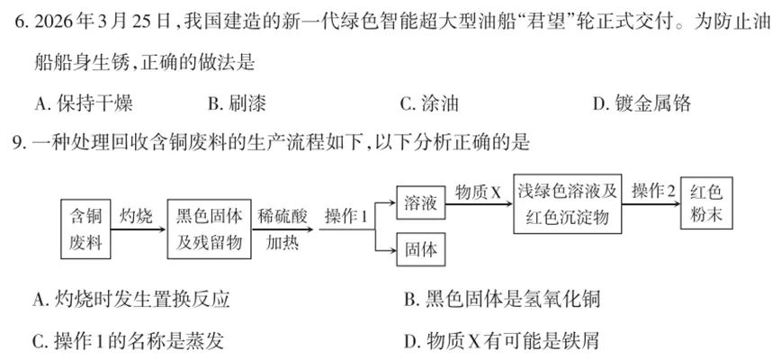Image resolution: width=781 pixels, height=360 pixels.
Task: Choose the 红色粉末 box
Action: pos(706,204)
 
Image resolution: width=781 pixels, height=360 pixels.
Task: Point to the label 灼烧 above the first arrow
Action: pos(137,216)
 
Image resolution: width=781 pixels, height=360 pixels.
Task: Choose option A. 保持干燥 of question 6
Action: pos(83,104)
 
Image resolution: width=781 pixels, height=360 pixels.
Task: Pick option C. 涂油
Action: pos(429,104)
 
